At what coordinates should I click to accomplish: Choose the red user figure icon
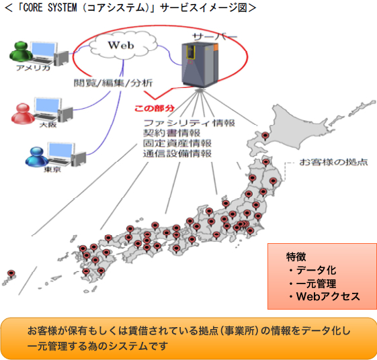click(19, 111)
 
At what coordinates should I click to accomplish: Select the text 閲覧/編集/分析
click(114, 84)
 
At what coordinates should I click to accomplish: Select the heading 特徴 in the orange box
click(298, 257)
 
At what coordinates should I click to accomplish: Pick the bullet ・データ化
click(312, 270)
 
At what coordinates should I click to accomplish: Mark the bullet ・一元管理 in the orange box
click(312, 283)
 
